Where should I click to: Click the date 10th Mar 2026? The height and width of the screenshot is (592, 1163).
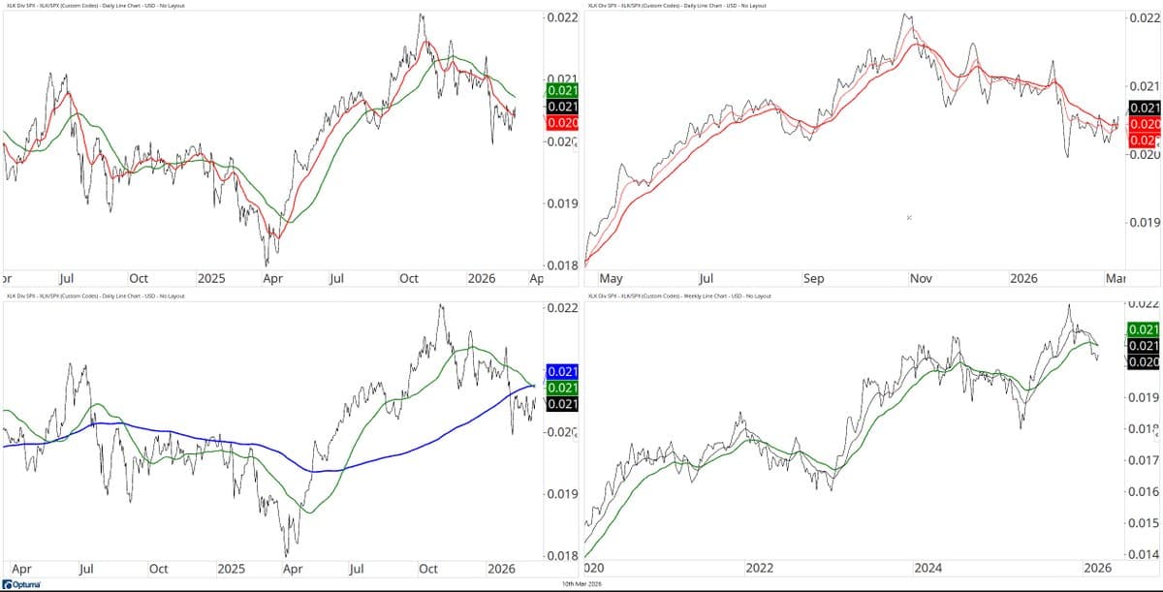tap(581, 584)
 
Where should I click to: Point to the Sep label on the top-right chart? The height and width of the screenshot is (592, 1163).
tap(813, 278)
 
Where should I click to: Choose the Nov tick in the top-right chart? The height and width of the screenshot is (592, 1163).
tap(920, 278)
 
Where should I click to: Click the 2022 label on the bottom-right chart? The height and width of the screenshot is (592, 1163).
tap(757, 567)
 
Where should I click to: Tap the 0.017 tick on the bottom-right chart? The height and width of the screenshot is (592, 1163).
tap(1145, 460)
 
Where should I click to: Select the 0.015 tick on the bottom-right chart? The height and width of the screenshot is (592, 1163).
tap(1145, 523)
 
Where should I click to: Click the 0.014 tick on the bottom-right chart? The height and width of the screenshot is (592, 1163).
tap(1145, 554)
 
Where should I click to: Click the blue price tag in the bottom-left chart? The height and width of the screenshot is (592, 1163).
tap(562, 371)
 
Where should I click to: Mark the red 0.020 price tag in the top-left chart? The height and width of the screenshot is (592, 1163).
tap(562, 123)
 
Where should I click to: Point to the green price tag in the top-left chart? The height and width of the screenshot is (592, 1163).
tap(562, 89)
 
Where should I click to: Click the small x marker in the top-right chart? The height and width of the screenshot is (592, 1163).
tap(909, 218)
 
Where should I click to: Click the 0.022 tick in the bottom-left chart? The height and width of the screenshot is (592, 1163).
tap(562, 308)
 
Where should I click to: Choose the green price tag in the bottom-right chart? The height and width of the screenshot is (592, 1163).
tap(1144, 329)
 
